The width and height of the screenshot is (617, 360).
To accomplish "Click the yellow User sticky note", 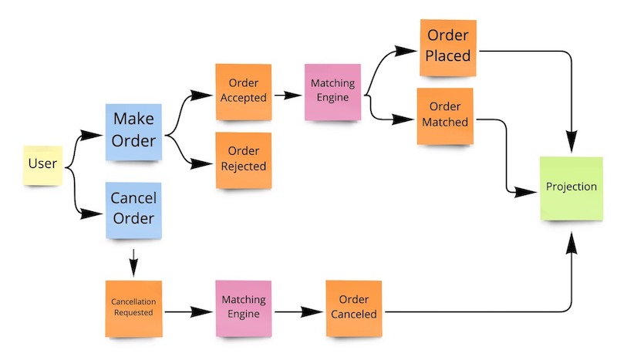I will (x=42, y=163).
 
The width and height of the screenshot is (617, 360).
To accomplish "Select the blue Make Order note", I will (x=133, y=131).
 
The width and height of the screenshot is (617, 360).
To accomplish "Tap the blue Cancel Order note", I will (x=133, y=208).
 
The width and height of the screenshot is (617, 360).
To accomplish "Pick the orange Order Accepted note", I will (x=243, y=91).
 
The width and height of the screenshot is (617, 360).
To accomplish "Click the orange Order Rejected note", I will (x=243, y=160).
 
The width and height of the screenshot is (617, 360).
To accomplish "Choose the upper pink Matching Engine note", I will (x=332, y=91).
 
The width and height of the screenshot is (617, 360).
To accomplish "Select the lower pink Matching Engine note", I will (x=243, y=308).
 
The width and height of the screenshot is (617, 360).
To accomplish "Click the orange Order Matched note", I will (x=445, y=116).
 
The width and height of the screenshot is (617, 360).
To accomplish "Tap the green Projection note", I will (x=571, y=187).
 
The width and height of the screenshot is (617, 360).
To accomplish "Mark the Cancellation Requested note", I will (x=133, y=308).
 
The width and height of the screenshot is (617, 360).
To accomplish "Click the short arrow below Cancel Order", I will (x=133, y=264).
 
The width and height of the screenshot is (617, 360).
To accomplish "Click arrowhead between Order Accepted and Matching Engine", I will (x=294, y=96).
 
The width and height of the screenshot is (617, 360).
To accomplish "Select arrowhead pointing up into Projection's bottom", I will (x=571, y=242).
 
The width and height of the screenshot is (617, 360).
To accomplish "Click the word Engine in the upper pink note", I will (x=332, y=98).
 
